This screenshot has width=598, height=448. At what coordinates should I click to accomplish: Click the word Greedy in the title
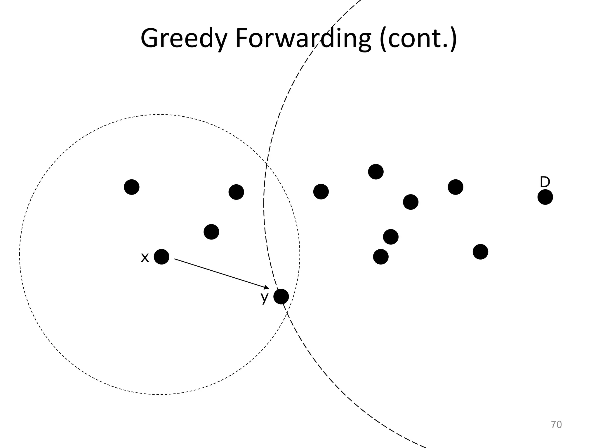pyautogui.click(x=184, y=38)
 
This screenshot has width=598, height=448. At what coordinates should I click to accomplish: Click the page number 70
pyautogui.click(x=556, y=425)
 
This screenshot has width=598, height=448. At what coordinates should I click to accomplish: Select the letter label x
pyautogui.click(x=145, y=258)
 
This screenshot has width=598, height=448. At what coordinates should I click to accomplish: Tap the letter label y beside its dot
pyautogui.click(x=265, y=297)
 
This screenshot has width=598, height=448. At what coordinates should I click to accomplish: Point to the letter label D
pyautogui.click(x=545, y=182)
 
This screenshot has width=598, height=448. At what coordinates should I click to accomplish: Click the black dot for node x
pyautogui.click(x=161, y=257)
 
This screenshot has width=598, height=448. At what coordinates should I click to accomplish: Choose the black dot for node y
pyautogui.click(x=281, y=297)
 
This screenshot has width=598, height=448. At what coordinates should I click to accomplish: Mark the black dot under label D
pyautogui.click(x=545, y=197)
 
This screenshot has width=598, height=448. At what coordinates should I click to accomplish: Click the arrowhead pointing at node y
pyautogui.click(x=266, y=288)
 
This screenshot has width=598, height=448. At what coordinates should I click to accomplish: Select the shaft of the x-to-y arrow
pyautogui.click(x=219, y=273)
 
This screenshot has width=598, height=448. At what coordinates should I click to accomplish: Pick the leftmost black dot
pyautogui.click(x=132, y=187)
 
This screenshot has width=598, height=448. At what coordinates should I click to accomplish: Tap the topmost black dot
pyautogui.click(x=376, y=172)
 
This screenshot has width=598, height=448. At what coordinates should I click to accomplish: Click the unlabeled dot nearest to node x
pyautogui.click(x=211, y=232)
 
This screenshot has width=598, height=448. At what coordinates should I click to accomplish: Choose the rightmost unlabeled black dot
pyautogui.click(x=480, y=252)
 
